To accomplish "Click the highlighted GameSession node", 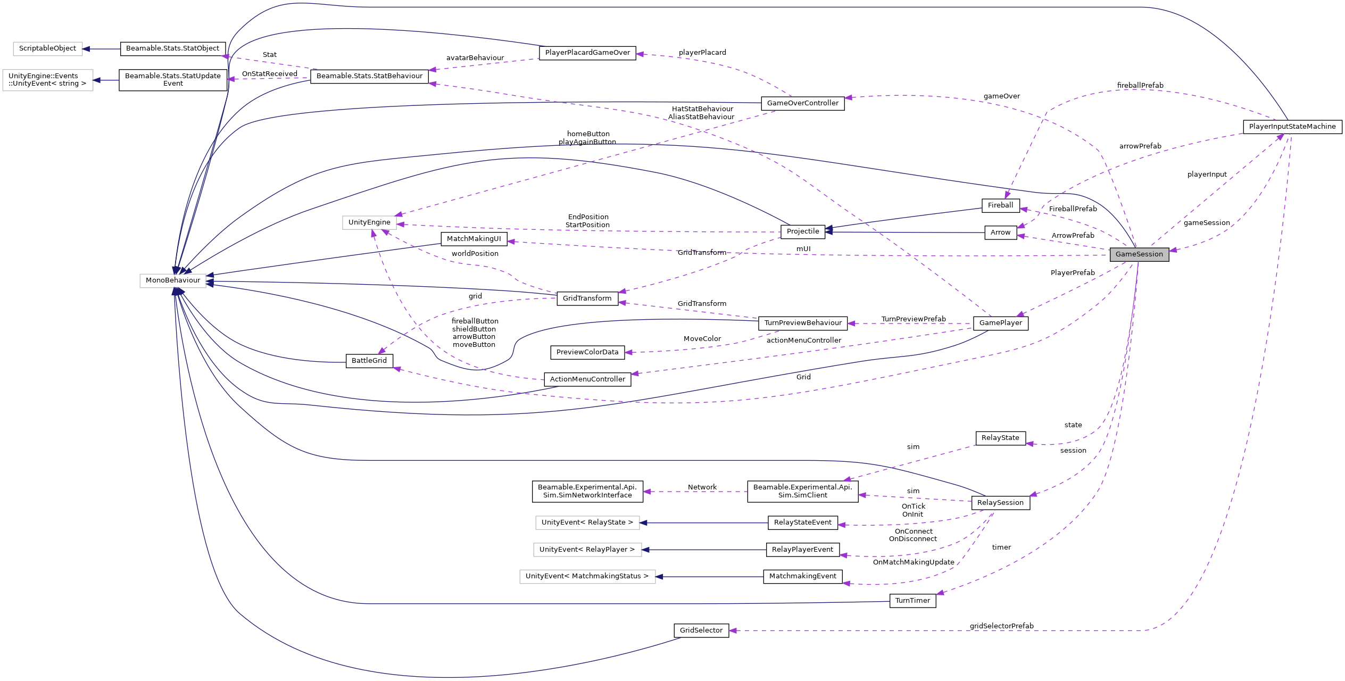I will point(1139,254).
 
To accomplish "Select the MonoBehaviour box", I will point(173,280).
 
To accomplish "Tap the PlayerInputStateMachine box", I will point(1292,127).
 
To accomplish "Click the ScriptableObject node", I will point(47,48).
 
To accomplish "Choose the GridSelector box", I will point(701,630).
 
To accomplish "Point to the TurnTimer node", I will point(912,601).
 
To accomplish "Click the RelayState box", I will point(1000,438).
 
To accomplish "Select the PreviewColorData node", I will point(587,352).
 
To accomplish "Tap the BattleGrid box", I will point(369,361).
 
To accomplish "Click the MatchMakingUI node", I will point(474,239).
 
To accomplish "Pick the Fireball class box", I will point(1000,205).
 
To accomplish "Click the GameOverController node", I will point(802,103).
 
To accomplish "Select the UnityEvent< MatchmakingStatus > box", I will point(587,576).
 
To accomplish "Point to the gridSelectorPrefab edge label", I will point(1001,626).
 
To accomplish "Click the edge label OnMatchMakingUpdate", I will point(914,562).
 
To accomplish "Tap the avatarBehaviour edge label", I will point(475,58).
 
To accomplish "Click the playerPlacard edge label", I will point(702,53).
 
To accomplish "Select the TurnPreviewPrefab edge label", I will point(913,319).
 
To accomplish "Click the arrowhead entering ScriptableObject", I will point(86,49).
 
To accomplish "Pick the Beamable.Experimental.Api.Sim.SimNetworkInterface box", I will point(587,491).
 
